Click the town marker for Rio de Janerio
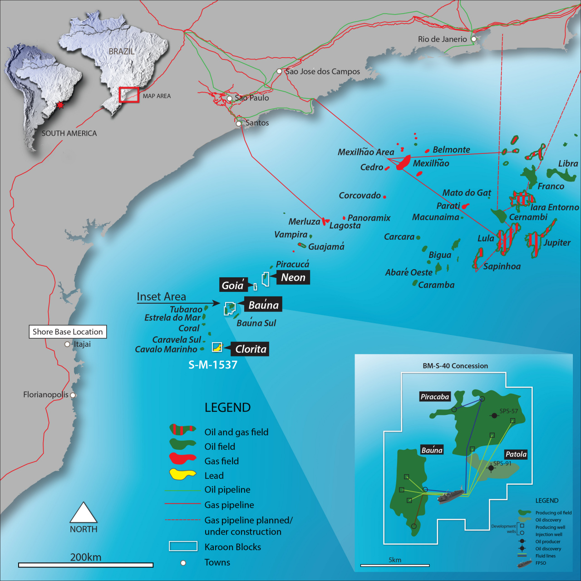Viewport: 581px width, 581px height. [473, 39]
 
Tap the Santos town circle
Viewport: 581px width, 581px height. [239, 123]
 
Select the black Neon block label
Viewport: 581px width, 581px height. [293, 277]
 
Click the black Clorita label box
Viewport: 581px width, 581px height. [250, 349]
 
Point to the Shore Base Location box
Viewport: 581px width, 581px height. [68, 332]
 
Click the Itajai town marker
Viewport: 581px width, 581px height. [67, 344]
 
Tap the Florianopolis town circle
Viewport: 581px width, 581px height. [73, 395]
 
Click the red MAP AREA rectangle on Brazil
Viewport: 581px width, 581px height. [129, 95]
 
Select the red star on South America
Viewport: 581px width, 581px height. [60, 105]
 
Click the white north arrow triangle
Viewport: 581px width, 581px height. [84, 514]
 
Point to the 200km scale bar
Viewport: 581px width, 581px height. [86, 565]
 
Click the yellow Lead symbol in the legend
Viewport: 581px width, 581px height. [182, 474]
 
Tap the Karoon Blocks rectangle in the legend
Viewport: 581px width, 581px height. [183, 546]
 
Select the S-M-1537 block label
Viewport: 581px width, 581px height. [213, 365]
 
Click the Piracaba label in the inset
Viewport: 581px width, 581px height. [434, 397]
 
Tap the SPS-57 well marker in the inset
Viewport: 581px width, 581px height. [494, 415]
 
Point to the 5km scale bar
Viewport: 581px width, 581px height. [394, 565]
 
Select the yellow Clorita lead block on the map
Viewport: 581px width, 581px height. [217, 347]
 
